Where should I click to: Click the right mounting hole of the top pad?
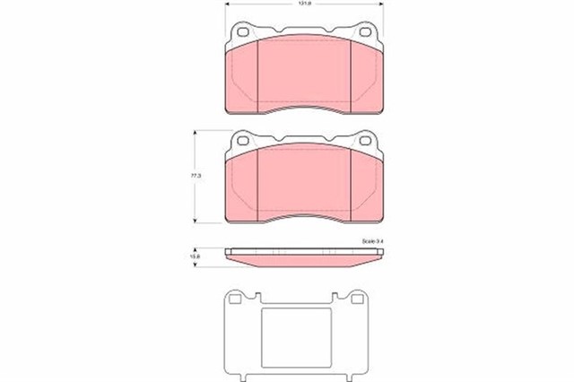367,33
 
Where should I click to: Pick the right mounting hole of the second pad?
367,141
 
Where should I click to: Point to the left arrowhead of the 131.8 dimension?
226,5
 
